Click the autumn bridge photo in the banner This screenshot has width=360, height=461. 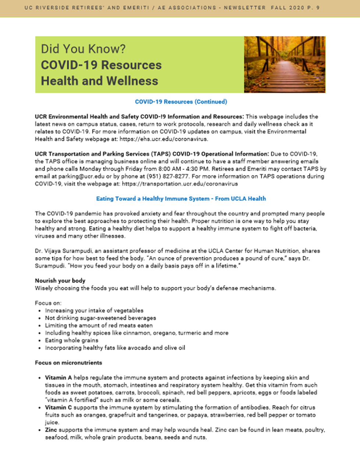click(285, 64)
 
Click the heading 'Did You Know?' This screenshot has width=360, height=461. click(83, 49)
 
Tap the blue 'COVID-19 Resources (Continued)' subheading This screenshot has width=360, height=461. click(181, 102)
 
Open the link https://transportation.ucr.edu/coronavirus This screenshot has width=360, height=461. click(180, 184)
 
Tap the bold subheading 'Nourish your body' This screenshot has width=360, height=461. click(60, 280)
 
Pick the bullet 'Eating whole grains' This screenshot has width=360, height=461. click(71, 340)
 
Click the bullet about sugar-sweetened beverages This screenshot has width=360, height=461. click(100, 318)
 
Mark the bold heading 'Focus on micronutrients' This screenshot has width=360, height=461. click(68, 363)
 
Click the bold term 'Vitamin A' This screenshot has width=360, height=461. click(58, 377)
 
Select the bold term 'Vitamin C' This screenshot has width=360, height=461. click(58, 407)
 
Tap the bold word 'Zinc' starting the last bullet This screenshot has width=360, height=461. click(51, 430)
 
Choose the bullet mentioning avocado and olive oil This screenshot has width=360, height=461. click(115, 348)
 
